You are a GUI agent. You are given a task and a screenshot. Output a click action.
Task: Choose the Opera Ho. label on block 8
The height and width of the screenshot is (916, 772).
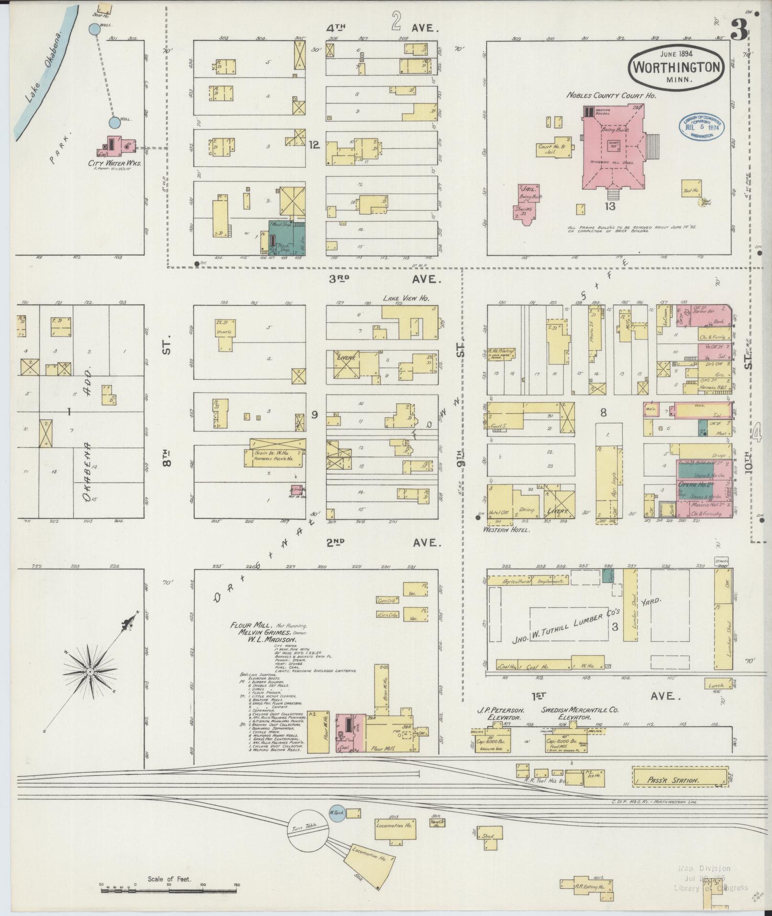[x=690, y=485]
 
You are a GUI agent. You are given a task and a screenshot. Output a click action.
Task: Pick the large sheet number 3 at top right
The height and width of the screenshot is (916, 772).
[x=739, y=32]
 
